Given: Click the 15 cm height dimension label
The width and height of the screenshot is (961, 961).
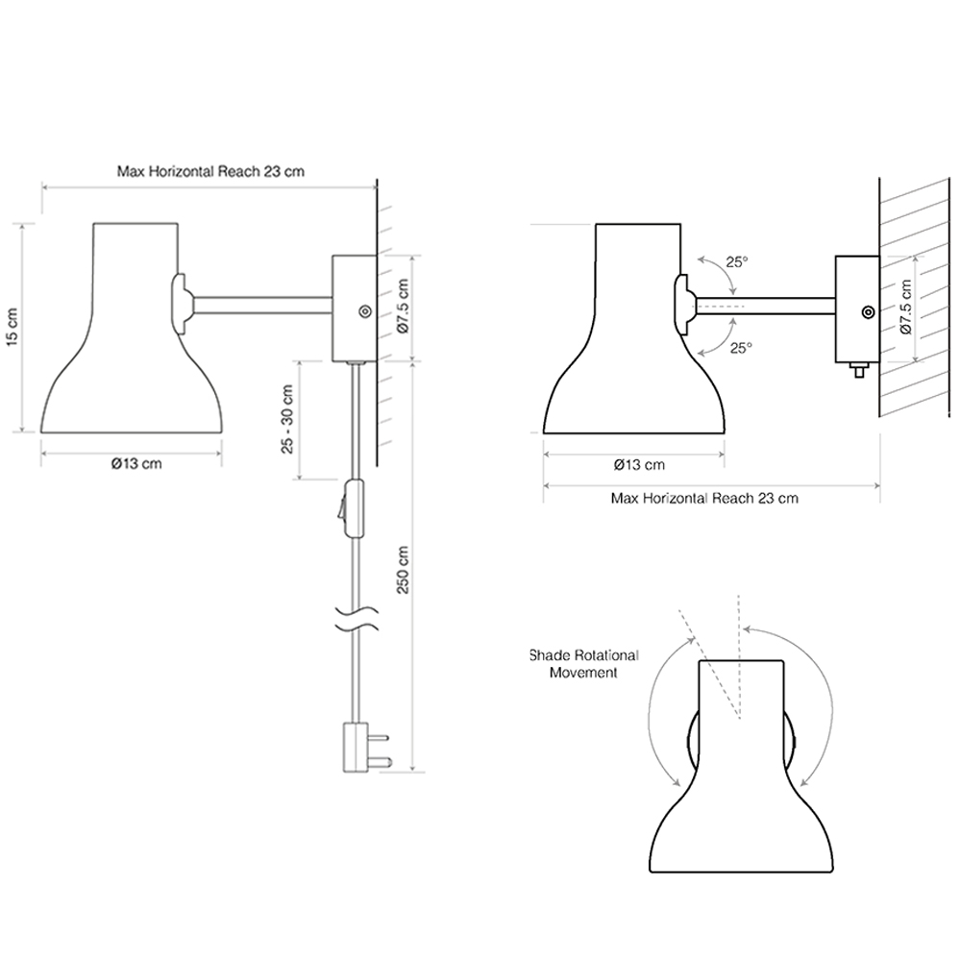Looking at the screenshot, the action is (x=12, y=328).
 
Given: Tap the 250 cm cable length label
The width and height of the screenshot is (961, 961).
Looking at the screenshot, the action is (x=403, y=570).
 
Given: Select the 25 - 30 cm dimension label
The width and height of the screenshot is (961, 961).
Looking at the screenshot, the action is (x=287, y=419).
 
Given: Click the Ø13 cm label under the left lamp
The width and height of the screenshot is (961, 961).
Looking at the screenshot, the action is (x=136, y=464).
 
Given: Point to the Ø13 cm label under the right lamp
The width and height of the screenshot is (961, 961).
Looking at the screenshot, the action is (x=639, y=465).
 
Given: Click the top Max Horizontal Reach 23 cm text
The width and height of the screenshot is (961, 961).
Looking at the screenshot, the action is (x=210, y=172).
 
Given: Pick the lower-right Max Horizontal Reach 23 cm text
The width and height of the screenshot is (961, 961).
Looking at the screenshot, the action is (x=704, y=498).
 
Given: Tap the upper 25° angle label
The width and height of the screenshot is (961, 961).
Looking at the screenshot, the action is (x=737, y=262).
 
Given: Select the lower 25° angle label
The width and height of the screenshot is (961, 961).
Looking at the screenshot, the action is (x=741, y=348).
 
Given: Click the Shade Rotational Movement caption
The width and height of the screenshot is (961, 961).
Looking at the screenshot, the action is (x=584, y=664).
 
